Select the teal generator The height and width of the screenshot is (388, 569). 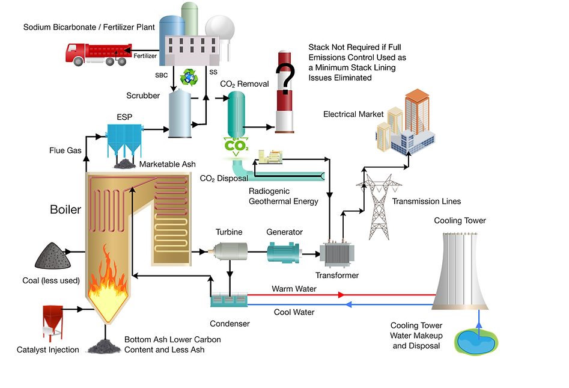[284, 251]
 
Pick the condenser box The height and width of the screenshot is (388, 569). [228, 298]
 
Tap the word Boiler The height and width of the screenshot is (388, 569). [65, 211]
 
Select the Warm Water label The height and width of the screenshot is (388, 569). [294, 289]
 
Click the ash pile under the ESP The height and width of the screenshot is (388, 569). [126, 163]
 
